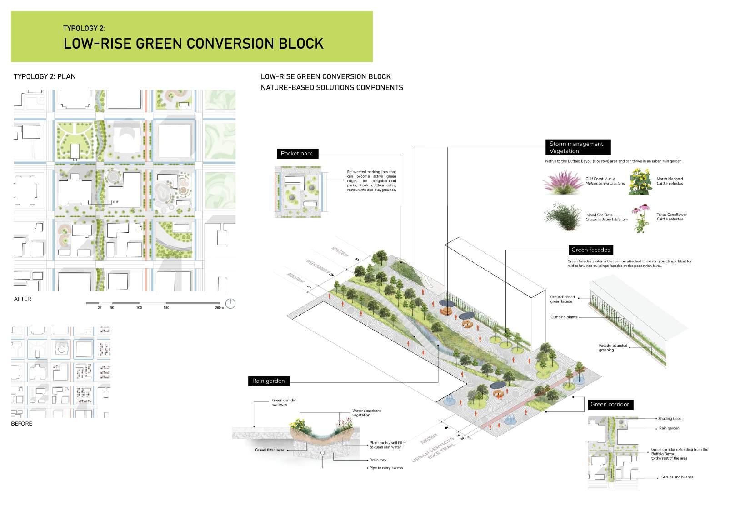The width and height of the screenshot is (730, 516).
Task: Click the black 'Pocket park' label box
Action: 296,154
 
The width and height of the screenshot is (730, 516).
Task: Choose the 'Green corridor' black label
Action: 610,404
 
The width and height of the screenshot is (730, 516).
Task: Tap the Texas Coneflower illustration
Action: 640,218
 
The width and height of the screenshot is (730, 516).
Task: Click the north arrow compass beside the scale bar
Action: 230,303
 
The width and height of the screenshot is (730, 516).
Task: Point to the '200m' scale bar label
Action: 219,308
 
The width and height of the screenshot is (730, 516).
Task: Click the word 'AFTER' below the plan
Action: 23,299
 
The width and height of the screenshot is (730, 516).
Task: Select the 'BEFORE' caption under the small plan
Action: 22,424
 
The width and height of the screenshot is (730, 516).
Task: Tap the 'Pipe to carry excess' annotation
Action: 386,468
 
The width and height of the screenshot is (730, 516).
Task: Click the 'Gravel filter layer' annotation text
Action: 270,450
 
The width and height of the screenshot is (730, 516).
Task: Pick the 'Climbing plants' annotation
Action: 564,317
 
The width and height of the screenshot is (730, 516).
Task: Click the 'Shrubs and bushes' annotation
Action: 677,477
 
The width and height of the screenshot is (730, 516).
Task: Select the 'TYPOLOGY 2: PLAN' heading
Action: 45,76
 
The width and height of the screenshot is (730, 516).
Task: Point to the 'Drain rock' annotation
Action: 378,460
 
